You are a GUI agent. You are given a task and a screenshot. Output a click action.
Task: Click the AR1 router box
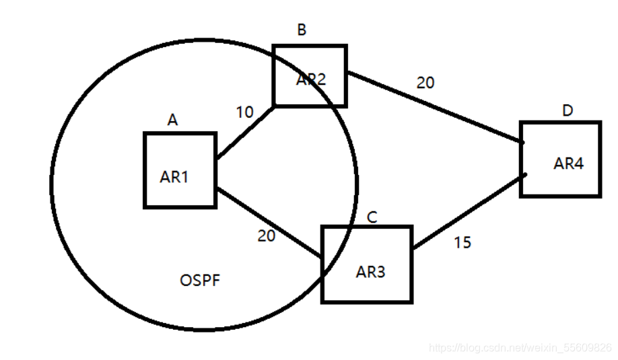pyautogui.click(x=180, y=170)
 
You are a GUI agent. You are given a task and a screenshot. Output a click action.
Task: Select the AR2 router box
pyautogui.click(x=310, y=75)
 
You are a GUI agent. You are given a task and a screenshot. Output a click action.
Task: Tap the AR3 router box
pyautogui.click(x=367, y=264)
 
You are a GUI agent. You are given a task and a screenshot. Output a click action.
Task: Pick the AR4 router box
pyautogui.click(x=560, y=159)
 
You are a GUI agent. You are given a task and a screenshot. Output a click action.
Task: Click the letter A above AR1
pyautogui.click(x=172, y=120)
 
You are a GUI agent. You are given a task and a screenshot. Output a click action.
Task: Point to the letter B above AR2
pyautogui.click(x=302, y=30)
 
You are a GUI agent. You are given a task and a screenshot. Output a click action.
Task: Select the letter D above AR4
pyautogui.click(x=568, y=110)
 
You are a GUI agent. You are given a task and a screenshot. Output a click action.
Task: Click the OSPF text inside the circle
pyautogui.click(x=200, y=280)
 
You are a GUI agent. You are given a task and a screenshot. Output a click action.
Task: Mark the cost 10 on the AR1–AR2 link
pyautogui.click(x=245, y=112)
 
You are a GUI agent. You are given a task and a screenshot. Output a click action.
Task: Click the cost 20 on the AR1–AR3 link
pyautogui.click(x=266, y=236)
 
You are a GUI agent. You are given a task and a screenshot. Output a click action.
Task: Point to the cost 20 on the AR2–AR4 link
pyautogui.click(x=425, y=83)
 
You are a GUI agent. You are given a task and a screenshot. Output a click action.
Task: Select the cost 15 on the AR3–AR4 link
pyautogui.click(x=462, y=242)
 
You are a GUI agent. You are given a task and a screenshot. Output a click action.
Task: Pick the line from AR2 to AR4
pyautogui.click(x=434, y=108)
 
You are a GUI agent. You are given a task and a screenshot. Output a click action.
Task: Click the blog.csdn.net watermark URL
pyautogui.click(x=520, y=348)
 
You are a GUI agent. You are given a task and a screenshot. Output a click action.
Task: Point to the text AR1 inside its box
pyautogui.click(x=174, y=177)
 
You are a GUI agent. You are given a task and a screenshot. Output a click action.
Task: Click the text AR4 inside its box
pyautogui.click(x=568, y=163)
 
